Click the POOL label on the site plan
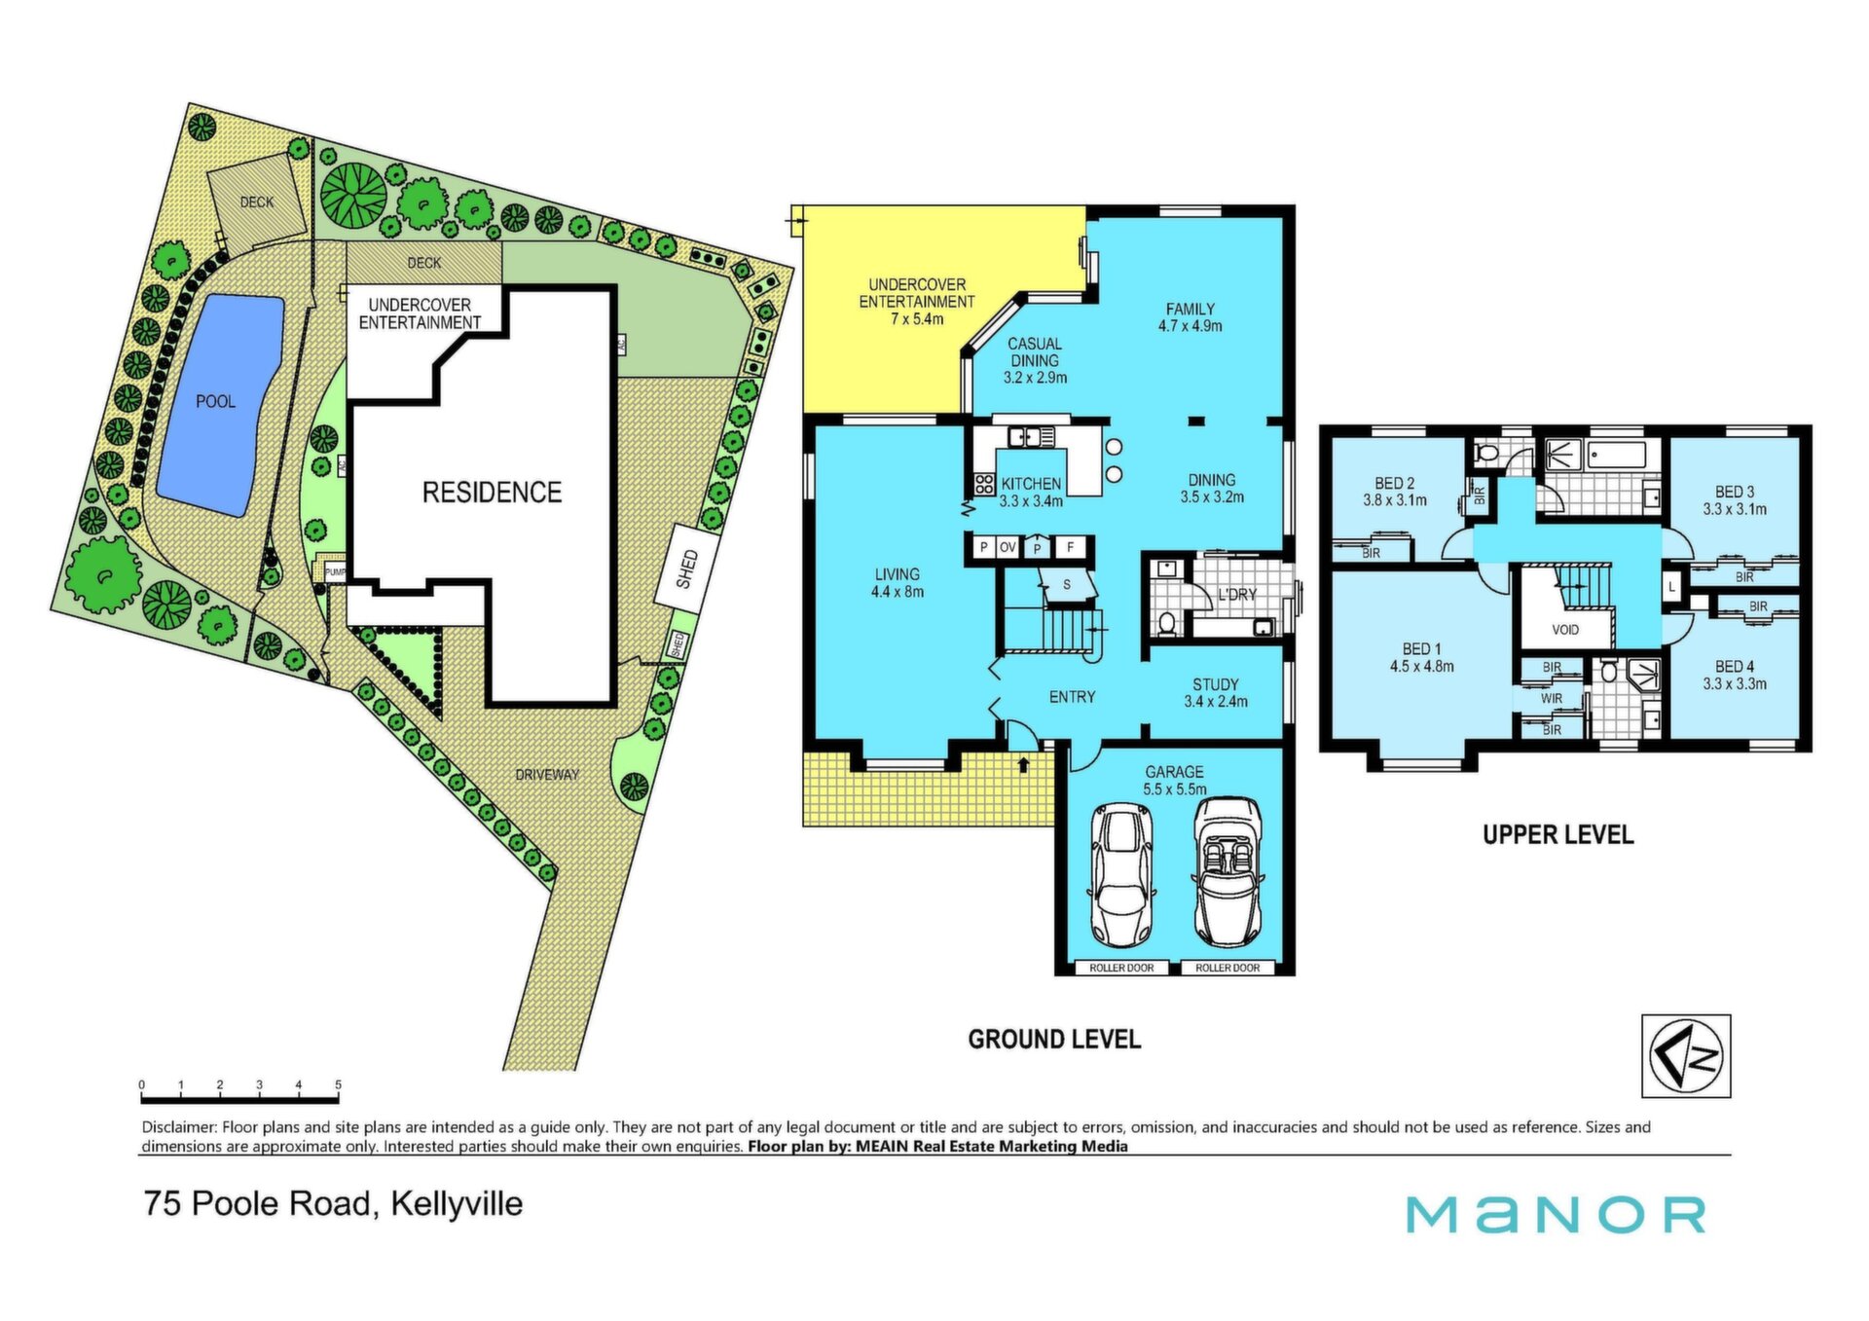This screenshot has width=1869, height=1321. click(215, 401)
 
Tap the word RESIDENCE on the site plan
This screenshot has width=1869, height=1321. click(492, 492)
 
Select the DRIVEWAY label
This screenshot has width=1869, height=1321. click(547, 775)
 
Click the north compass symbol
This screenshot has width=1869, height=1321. click(1686, 1056)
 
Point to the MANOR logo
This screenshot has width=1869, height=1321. click(1556, 1214)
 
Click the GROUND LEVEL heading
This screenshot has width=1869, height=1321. click(1054, 1039)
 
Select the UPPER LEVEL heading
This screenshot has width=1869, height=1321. click(1557, 834)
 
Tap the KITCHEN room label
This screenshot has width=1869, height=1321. click(1031, 484)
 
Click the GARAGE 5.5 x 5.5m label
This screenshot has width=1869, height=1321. click(1174, 781)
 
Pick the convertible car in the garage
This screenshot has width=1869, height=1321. click(1228, 871)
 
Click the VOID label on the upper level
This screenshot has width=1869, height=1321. click(1565, 630)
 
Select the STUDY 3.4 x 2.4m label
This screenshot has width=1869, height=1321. click(1216, 693)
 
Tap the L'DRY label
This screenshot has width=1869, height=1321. click(1237, 594)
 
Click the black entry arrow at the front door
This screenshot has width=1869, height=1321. click(1023, 765)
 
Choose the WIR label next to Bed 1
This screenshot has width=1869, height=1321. click(1552, 698)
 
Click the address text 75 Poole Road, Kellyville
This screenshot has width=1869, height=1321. click(333, 1204)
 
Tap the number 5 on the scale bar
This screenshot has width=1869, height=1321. click(338, 1084)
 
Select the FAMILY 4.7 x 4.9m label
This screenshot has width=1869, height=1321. click(1190, 317)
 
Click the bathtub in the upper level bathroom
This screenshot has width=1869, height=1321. click(1618, 455)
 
